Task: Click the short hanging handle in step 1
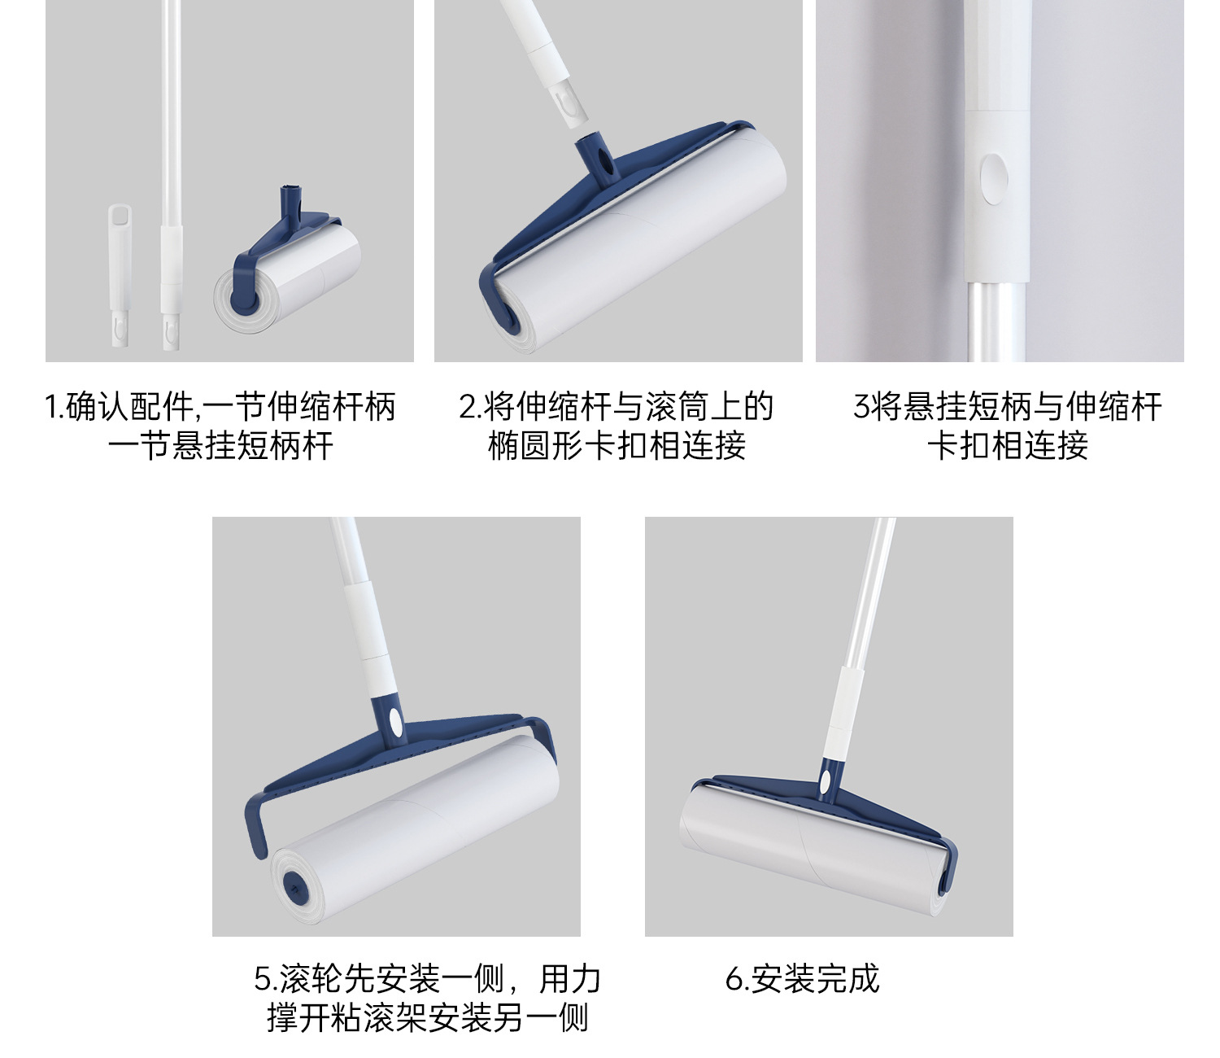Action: click(x=120, y=275)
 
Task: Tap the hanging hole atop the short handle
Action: click(x=120, y=214)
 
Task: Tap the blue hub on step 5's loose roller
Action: click(x=293, y=885)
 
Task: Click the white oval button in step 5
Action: click(x=395, y=723)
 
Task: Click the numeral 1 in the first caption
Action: click(x=51, y=407)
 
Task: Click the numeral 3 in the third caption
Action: click(x=861, y=407)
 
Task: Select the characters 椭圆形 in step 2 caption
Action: click(x=536, y=445)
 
